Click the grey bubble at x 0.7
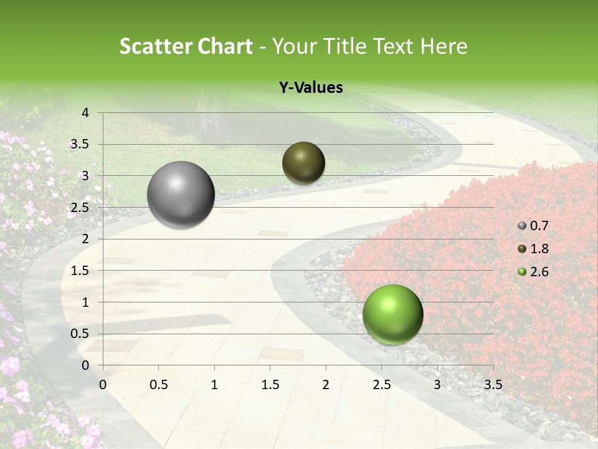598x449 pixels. [181, 195]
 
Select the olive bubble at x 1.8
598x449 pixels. [303, 163]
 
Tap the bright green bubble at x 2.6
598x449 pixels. [392, 314]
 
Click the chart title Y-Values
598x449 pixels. [311, 88]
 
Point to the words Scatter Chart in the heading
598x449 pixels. [186, 46]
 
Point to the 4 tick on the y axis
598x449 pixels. [85, 113]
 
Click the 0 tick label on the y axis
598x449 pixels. [85, 365]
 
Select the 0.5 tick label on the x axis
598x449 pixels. [158, 385]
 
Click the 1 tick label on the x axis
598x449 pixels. [214, 385]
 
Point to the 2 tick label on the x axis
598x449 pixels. [326, 385]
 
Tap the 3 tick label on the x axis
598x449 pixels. [437, 385]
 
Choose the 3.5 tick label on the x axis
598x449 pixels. [493, 385]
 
